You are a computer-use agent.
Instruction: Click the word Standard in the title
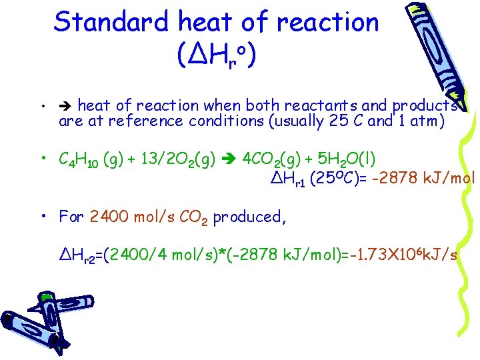coord(112,22)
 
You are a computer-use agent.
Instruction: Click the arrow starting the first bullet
coord(66,105)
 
